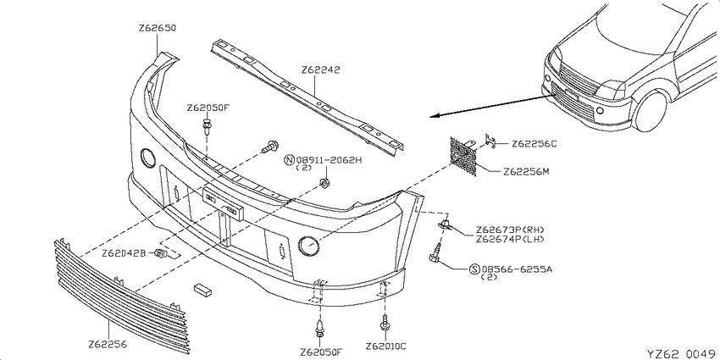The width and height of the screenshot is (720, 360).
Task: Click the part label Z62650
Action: pos(157,28)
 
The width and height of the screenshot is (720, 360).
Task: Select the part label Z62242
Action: pos(320,70)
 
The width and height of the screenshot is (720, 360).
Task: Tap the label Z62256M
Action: pos(526,172)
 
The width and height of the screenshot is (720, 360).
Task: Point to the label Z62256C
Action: pos(534,144)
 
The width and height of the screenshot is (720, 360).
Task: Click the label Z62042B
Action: pos(124,253)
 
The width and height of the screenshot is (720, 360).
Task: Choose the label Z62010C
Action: pos(386,346)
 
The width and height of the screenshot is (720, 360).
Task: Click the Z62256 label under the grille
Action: pos(108,345)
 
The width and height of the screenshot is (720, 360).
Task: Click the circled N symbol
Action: pos(290,160)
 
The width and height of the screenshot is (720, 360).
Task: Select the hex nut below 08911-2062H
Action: pos(324,184)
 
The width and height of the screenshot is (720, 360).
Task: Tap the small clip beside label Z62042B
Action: pos(159,253)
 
